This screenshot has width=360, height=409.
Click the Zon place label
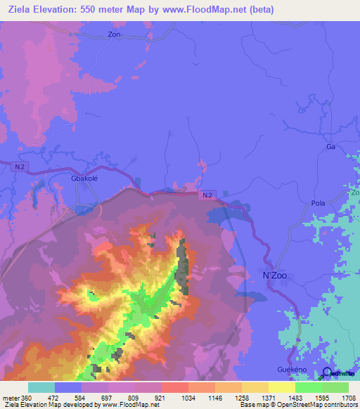(x=115, y=34)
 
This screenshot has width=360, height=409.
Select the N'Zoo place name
(x=276, y=275)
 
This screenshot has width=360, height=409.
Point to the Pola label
(x=318, y=203)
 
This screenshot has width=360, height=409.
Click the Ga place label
(x=330, y=147)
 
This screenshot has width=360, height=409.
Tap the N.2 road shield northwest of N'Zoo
(x=205, y=194)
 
